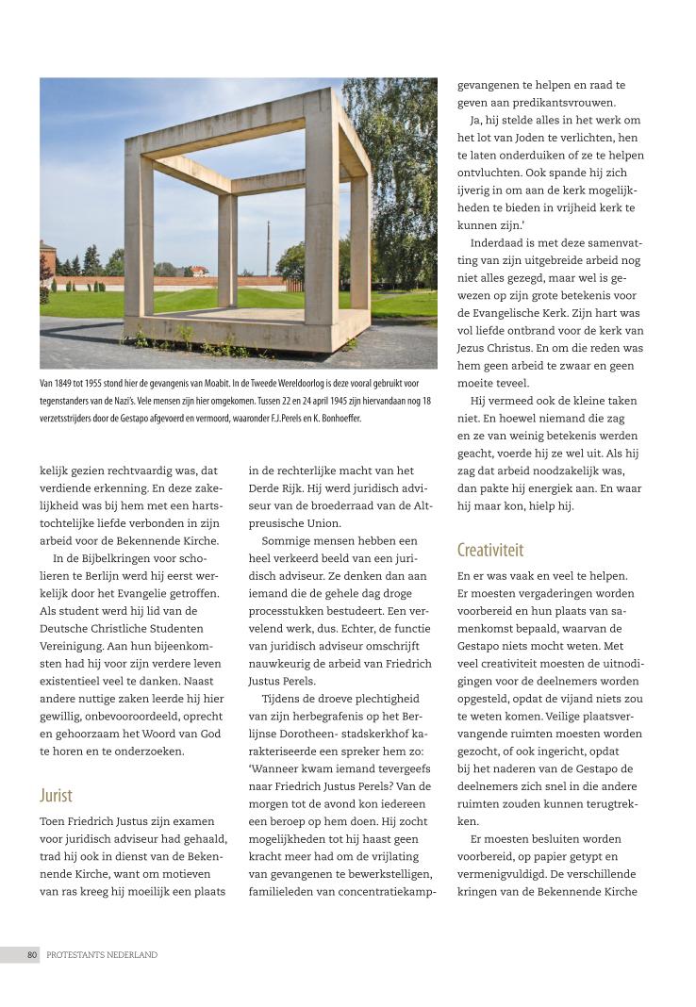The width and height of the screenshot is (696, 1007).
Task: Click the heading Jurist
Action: click(56, 795)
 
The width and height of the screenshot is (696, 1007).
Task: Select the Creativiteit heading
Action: click(489, 550)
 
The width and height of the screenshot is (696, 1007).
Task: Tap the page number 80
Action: click(31, 955)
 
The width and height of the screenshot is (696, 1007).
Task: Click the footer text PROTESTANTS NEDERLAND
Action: click(102, 955)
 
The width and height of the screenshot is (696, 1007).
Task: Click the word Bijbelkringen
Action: click(109, 557)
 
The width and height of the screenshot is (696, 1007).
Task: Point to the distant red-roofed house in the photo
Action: click(199, 271)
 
